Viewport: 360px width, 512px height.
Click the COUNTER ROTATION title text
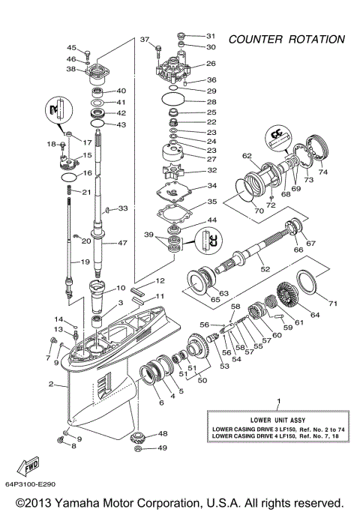(x=287, y=38)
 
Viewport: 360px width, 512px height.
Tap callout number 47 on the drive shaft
(x=122, y=244)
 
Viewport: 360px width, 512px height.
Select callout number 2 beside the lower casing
(x=51, y=385)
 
